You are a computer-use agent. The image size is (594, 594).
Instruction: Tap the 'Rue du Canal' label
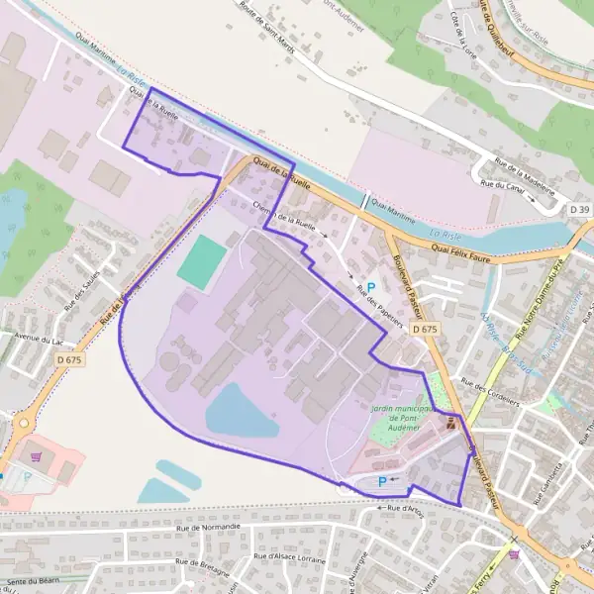[x=501, y=184]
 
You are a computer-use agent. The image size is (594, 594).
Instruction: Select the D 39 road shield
[x=579, y=210]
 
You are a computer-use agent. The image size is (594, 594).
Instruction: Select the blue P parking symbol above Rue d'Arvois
[x=381, y=481]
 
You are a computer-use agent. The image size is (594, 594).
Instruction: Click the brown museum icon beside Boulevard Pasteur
[x=452, y=424]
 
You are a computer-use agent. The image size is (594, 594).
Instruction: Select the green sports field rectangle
[x=202, y=261]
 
